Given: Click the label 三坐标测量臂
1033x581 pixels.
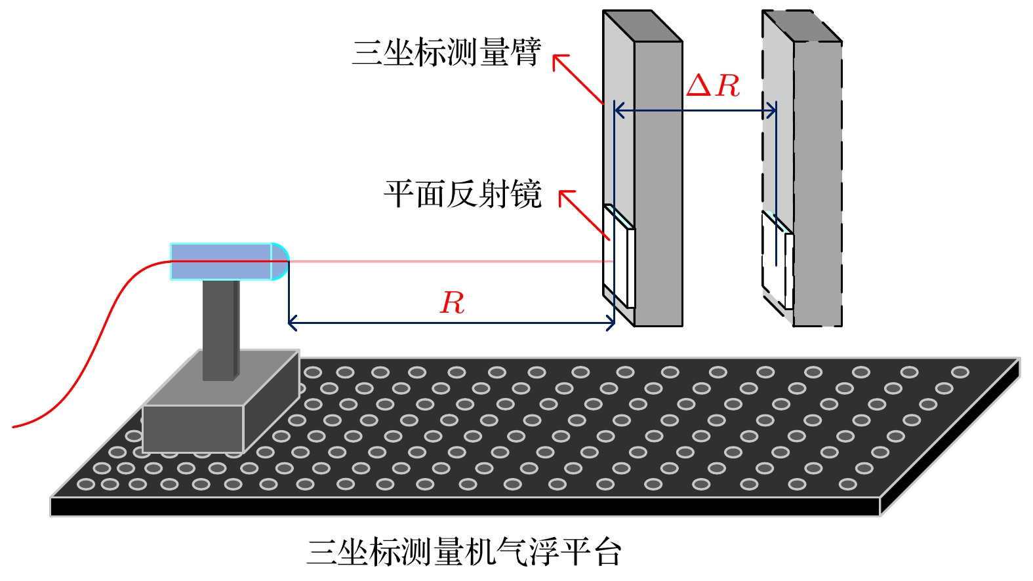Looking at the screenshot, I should (446, 52).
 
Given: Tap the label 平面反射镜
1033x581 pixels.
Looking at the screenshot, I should (462, 194).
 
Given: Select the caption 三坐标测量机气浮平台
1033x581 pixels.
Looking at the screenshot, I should (464, 551).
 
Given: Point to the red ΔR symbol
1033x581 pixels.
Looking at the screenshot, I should (713, 86).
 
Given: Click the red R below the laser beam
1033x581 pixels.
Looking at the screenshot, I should (452, 303).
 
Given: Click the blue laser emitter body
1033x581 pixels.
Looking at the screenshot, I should (220, 262).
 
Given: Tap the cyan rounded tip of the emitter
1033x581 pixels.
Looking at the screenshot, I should (280, 262).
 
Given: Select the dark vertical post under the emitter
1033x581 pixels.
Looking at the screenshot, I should (220, 328).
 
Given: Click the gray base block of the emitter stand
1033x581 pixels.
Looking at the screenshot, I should (193, 428).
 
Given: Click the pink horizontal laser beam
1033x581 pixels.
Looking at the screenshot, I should (446, 262).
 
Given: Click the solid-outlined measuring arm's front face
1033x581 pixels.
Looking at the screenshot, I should (658, 184).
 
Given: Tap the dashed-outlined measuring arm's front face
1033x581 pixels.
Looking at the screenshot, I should (817, 184).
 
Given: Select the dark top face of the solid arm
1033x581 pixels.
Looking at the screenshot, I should (643, 26).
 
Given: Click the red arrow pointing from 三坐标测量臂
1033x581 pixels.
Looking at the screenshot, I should (577, 79).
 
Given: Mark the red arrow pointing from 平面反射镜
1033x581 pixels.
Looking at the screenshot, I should (584, 214).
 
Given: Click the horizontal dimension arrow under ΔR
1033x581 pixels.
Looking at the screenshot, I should (695, 111).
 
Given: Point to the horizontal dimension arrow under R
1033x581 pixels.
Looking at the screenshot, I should (451, 323).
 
